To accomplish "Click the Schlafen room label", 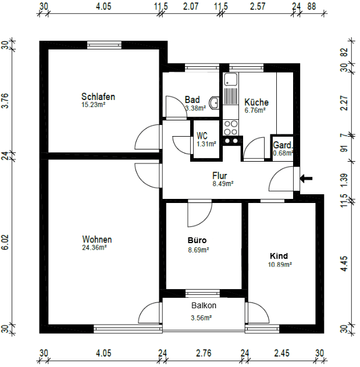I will pos(98,97).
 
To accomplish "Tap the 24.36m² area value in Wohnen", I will pos(94,247).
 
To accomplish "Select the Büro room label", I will pos(197,240).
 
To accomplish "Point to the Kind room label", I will pos(279,256).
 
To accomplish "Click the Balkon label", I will pos(204,305).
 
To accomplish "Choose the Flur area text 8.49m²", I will pos(222,183).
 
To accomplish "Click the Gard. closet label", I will pos(283,145).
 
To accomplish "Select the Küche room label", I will pos(256,102).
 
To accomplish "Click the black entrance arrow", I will pos(306,178).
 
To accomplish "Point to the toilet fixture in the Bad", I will pos(214,103).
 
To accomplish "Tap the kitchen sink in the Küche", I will pos(231,80).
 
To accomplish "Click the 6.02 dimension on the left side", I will pos(6,243).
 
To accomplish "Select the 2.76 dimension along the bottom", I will pos(204,353).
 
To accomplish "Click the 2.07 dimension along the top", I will pos(191,6).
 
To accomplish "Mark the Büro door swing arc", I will pos(195,218).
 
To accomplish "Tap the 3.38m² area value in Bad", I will pos(194,108).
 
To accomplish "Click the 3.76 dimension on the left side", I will pos(6,102).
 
